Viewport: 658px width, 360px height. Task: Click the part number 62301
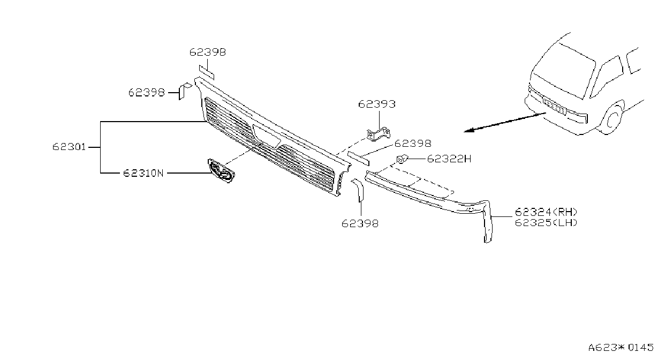[x=69, y=147]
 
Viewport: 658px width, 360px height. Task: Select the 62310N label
[x=143, y=173]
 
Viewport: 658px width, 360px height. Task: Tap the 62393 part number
[x=377, y=104]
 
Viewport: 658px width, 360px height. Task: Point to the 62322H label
[x=449, y=159]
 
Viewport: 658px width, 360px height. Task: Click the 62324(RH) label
[x=546, y=212]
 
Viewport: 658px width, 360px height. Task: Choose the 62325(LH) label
[x=546, y=222]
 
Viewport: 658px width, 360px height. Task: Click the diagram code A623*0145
[x=621, y=348]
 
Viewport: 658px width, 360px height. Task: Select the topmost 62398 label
[x=208, y=52]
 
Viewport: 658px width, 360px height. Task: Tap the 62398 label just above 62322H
[x=413, y=144]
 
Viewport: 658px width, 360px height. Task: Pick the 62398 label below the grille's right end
[x=360, y=223]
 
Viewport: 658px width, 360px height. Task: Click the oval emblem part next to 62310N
[x=222, y=171]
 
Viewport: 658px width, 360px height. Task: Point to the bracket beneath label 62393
[x=379, y=134]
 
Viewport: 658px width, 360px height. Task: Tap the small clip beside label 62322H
[x=402, y=159]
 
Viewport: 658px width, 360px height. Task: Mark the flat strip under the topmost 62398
[x=207, y=72]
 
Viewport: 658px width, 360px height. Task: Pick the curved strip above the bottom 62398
[x=358, y=190]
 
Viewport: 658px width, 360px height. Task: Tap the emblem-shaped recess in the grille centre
[x=266, y=136]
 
